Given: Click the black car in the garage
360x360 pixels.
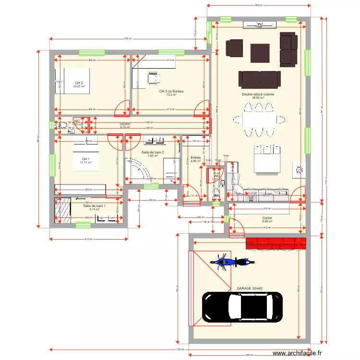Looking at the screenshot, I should click(x=242, y=307).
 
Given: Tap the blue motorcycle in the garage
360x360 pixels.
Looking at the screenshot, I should click(x=232, y=262).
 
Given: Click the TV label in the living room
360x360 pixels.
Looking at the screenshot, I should click(x=260, y=25).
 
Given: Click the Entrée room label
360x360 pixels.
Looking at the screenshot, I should click(x=195, y=157).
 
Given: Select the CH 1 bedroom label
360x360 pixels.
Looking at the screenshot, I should click(x=85, y=159).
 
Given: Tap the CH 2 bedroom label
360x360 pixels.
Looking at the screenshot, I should click(x=79, y=83).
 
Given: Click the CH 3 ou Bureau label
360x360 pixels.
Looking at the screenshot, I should click(x=171, y=91).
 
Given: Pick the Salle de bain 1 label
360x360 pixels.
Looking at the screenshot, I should click(x=94, y=206).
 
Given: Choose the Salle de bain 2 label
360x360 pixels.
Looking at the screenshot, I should click(x=153, y=152).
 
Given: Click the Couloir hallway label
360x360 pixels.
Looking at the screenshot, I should click(x=125, y=124).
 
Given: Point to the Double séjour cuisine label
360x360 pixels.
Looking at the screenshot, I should click(x=258, y=95).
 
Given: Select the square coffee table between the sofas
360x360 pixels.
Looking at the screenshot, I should click(x=260, y=53).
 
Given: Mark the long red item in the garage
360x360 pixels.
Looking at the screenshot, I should click(x=276, y=243).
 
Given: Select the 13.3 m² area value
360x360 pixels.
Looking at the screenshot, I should click(x=171, y=95).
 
